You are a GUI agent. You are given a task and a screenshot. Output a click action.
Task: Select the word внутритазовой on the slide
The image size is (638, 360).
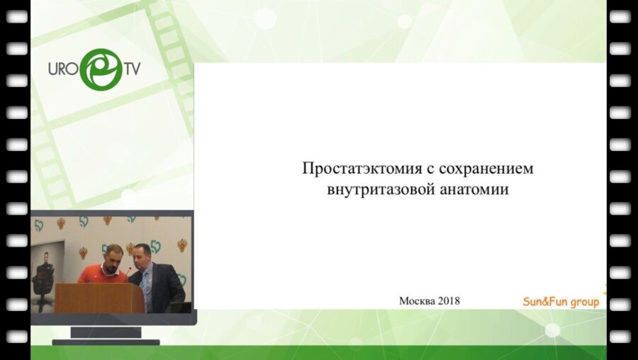[x=373, y=190]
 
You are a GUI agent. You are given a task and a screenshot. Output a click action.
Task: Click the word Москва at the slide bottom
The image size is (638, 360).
[x=418, y=300]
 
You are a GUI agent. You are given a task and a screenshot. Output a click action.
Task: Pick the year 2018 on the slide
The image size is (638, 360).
[x=449, y=300]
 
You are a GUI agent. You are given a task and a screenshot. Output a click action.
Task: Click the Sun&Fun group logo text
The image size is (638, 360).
[x=560, y=302]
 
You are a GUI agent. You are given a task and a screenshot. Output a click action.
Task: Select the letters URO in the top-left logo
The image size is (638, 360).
[x=62, y=69]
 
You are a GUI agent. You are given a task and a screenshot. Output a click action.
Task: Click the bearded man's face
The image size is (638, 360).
[x=113, y=259]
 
